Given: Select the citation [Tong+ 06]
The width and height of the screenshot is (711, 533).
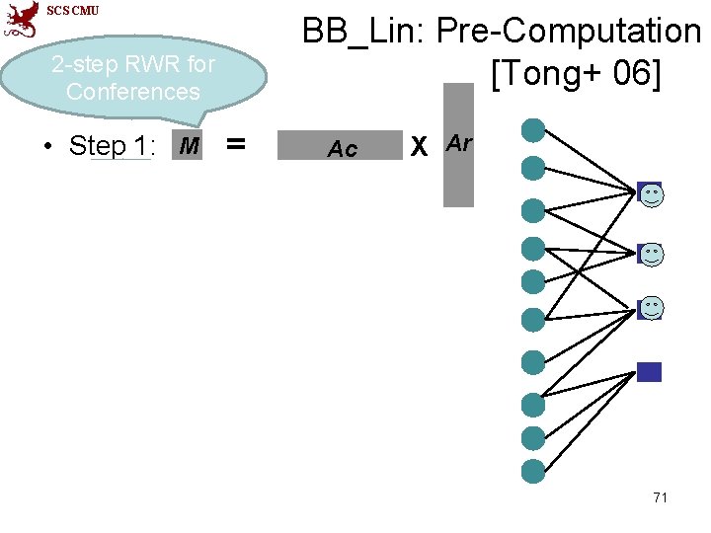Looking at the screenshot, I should [x=574, y=72].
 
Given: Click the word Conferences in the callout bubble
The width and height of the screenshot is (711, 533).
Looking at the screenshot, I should [x=132, y=93].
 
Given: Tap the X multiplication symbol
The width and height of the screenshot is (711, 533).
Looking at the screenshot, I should [x=419, y=146].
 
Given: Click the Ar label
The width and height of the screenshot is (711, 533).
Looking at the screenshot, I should [x=459, y=142].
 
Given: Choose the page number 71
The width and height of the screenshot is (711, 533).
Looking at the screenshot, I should [x=660, y=496].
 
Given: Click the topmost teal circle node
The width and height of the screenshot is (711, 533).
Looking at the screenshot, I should [x=533, y=129].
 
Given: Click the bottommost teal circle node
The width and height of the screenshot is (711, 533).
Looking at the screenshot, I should [x=533, y=471].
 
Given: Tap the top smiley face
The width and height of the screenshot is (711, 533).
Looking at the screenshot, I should [x=652, y=194].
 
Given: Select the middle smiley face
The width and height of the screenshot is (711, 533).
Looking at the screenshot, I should [x=652, y=254].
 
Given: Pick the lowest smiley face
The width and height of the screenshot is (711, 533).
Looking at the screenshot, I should [x=652, y=307].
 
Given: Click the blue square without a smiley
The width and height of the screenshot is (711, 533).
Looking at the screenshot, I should [x=649, y=372].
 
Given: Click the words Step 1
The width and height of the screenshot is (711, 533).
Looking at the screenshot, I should [x=110, y=146].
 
